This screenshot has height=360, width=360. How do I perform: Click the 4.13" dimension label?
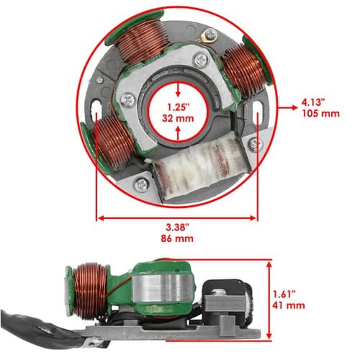313,102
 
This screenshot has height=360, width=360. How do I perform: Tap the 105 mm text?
320,114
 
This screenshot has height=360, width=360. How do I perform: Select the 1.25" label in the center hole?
179,107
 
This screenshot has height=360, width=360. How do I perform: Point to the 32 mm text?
178,119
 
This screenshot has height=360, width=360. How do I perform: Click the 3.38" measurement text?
177,227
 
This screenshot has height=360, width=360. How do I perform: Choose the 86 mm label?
177,238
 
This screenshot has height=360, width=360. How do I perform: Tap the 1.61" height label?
284,294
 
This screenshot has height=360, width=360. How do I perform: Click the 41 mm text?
289,305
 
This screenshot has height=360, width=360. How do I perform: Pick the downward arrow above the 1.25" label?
178,90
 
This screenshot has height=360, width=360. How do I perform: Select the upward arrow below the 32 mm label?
178,133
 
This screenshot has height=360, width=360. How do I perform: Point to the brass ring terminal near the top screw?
203,37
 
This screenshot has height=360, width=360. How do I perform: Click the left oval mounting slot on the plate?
96,106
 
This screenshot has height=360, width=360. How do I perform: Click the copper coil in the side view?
89,291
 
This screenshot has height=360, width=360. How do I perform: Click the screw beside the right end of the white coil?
253,144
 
